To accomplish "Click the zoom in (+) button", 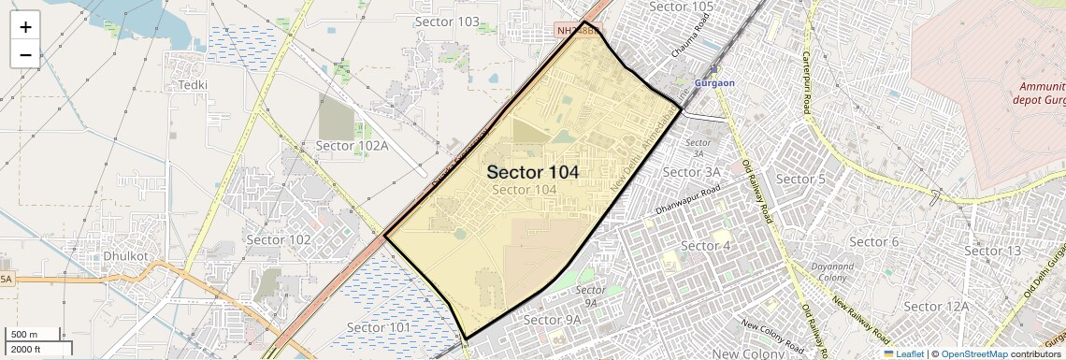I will (25, 27).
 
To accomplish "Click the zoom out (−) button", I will (25, 55).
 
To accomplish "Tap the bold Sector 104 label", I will (533, 172).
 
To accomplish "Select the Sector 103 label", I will (446, 22).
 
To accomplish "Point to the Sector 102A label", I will (352, 145).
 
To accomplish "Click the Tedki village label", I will (193, 84).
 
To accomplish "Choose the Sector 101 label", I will (379, 327).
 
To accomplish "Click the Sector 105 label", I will (681, 7).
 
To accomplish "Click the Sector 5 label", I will (801, 179).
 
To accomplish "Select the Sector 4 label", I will (705, 246).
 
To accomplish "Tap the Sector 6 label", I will (875, 241).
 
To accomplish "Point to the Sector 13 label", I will (993, 251).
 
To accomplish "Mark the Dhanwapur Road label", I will (688, 198).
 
